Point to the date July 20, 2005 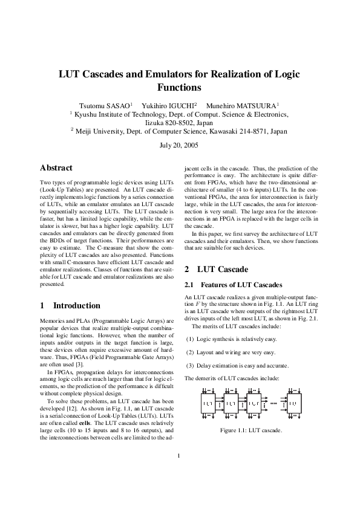180,145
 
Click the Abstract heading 56,168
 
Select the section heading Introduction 77,305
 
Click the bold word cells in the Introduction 80,421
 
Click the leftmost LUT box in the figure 208,403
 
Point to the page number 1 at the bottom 180,473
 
